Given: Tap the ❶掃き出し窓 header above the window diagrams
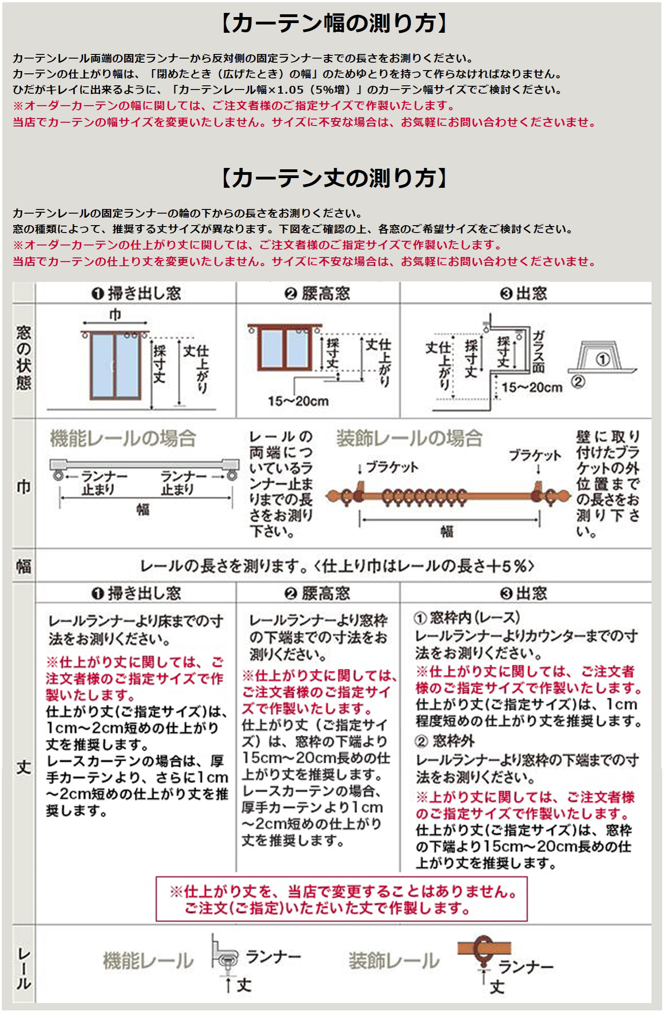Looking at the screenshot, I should [136, 293].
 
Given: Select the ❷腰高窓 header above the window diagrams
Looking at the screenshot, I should [317, 293].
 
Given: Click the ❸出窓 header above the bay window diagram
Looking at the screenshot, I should [523, 293].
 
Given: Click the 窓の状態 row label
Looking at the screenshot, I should [24, 358].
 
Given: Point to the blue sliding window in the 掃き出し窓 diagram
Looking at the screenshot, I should [115, 364].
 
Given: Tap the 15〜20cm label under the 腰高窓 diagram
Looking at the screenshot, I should [298, 401].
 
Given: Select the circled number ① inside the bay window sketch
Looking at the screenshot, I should [602, 359].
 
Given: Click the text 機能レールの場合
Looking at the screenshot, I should [123, 438].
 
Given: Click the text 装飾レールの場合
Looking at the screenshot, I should [409, 438].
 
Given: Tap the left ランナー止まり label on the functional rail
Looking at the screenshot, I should [98, 483].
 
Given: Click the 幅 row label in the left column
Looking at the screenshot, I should [24, 566].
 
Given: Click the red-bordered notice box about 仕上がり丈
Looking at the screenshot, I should [341, 899].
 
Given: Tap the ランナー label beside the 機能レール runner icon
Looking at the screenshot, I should [273, 957].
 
